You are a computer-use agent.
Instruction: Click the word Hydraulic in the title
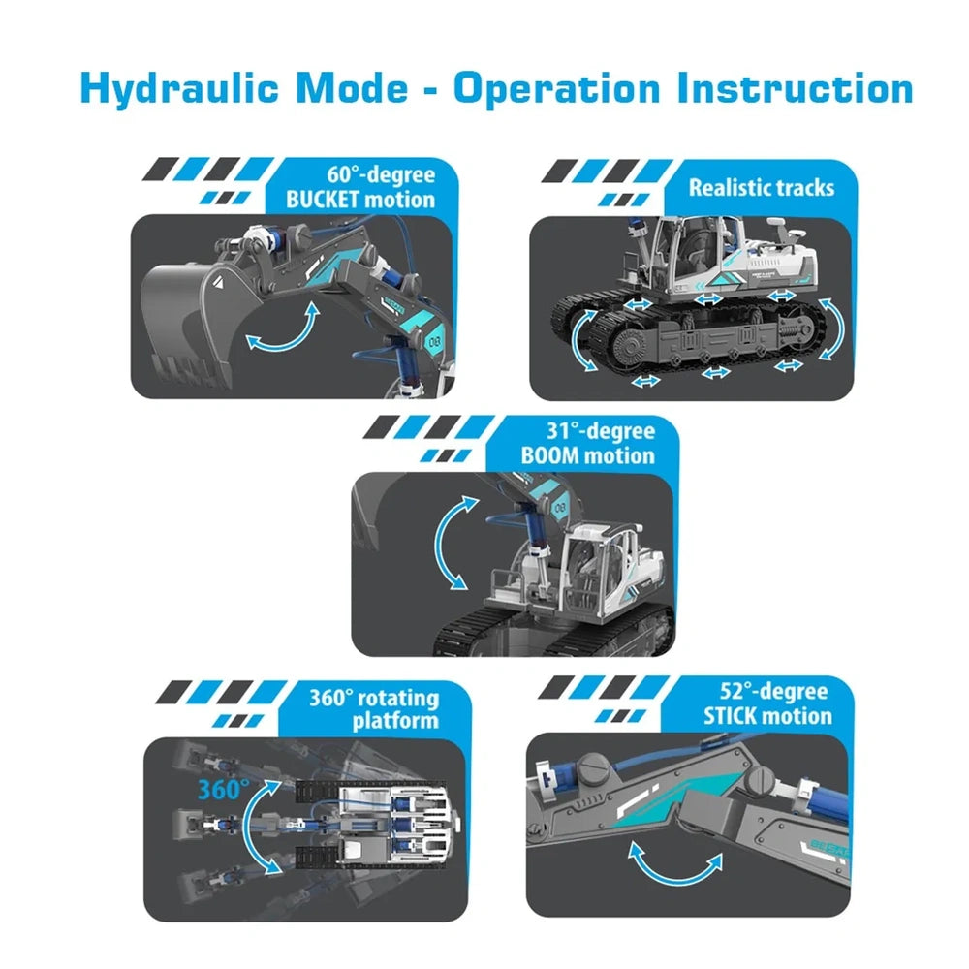(x=180, y=89)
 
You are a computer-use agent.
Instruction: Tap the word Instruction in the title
(x=795, y=88)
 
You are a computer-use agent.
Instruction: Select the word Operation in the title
(x=557, y=89)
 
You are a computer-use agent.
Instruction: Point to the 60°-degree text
(x=381, y=174)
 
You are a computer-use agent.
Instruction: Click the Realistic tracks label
(x=762, y=187)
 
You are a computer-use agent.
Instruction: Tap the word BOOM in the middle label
(x=549, y=455)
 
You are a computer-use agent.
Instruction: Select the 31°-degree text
(x=601, y=431)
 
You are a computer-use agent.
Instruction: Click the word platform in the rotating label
(x=395, y=721)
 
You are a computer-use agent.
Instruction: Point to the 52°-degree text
(x=773, y=691)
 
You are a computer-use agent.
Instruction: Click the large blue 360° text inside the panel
(x=224, y=790)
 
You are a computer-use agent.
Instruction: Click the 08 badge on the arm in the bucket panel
(x=434, y=341)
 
